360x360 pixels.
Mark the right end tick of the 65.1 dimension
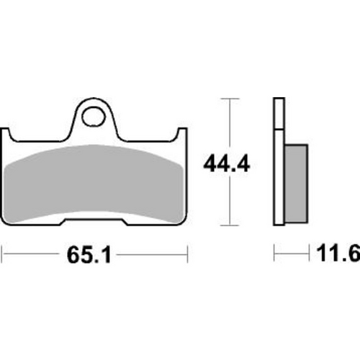tap(187, 254)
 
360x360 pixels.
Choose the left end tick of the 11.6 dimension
tap(274, 254)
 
